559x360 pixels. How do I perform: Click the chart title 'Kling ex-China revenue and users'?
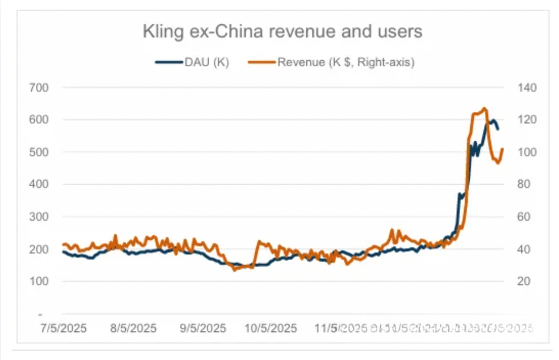pyautogui.click(x=282, y=32)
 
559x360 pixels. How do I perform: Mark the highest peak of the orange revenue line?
pyautogui.click(x=485, y=108)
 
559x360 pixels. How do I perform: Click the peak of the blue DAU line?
pyautogui.click(x=492, y=120)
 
